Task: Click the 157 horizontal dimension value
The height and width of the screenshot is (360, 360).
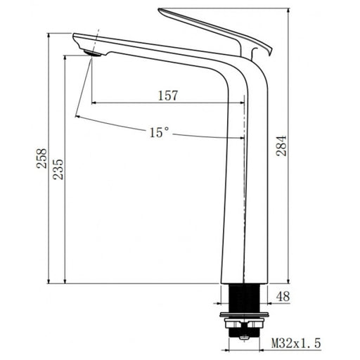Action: (x=167, y=96)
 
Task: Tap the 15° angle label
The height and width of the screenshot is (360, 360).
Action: (x=159, y=132)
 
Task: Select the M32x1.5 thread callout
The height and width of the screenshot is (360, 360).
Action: (x=296, y=343)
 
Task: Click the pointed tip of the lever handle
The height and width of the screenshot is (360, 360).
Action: (x=160, y=10)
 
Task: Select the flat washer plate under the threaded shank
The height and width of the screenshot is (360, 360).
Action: (x=243, y=313)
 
